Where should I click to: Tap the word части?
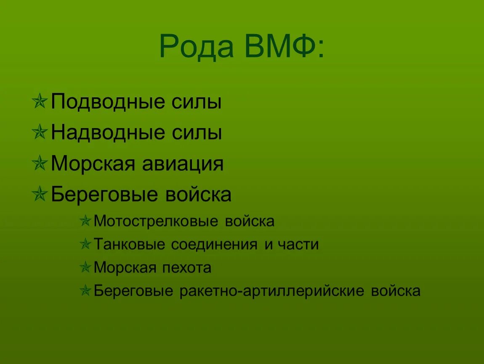pos(298,244)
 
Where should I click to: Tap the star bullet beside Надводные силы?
pos(40,134)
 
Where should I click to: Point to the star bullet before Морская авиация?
pos(40,164)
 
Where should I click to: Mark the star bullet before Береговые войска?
pos(40,195)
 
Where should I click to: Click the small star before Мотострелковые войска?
pos(85,222)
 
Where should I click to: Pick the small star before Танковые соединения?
pos(85,245)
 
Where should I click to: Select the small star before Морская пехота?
pos(85,268)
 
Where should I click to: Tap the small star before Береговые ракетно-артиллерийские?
pos(85,291)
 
